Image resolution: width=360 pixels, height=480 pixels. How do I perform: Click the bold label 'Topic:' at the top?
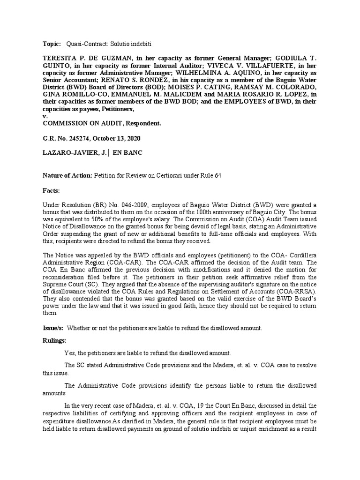tap(52, 44)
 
